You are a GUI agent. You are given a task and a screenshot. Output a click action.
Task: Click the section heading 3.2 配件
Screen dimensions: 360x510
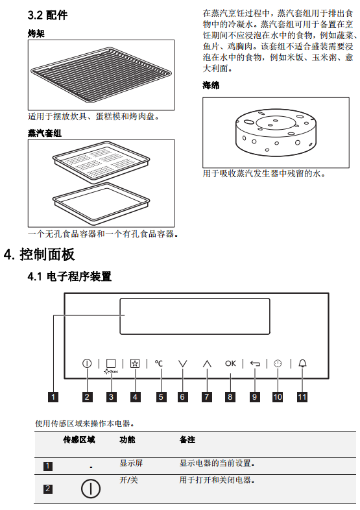(x=47, y=16)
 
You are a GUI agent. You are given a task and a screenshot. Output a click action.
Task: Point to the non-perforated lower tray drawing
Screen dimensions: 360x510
(x=101, y=203)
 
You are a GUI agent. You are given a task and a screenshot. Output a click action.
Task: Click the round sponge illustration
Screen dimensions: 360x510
(x=276, y=133)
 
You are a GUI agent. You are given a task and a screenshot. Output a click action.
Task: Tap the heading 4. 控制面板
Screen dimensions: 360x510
(x=40, y=254)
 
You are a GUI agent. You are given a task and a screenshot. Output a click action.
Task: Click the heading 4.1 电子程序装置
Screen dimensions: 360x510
(x=69, y=276)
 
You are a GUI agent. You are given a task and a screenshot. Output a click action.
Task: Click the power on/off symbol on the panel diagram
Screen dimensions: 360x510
(x=87, y=363)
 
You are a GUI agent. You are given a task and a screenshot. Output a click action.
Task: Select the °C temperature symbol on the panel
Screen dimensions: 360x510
(x=159, y=363)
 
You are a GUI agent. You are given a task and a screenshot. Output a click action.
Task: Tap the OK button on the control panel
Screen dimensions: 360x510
(x=230, y=363)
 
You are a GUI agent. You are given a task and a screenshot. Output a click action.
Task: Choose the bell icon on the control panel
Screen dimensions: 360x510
(x=302, y=363)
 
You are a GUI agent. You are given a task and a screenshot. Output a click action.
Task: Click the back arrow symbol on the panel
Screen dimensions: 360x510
(x=255, y=363)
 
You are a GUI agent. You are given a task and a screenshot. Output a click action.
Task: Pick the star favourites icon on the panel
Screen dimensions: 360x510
(x=135, y=363)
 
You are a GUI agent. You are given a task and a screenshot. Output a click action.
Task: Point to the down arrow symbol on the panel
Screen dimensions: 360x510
(x=183, y=363)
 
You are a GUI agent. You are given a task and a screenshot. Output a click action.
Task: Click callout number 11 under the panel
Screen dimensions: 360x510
(x=302, y=397)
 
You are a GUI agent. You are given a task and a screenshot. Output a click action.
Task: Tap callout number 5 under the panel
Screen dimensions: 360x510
(x=161, y=397)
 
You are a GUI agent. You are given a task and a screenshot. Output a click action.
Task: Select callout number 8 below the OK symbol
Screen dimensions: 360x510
(x=230, y=397)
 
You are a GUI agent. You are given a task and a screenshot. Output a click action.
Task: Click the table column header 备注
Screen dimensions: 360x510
(x=187, y=440)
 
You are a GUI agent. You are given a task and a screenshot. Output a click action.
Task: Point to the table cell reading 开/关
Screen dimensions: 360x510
(x=129, y=480)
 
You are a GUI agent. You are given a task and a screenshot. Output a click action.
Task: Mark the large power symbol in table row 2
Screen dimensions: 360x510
(x=90, y=489)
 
